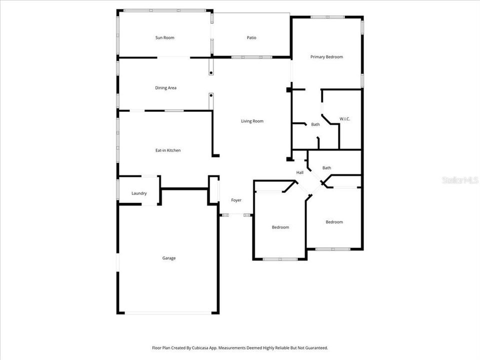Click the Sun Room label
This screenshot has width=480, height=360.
coord(164,37)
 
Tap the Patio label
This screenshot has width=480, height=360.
coord(251,37)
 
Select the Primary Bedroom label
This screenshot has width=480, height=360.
coord(326,57)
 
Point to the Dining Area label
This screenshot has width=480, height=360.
coord(165,88)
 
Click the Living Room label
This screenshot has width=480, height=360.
coord(252,121)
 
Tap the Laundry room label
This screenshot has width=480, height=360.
coord(139,193)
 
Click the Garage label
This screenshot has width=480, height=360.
coord(168,258)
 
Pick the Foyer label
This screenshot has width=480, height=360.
coord(236,200)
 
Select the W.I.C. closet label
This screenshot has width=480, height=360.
coord(345,118)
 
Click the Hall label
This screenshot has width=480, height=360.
coord(300,172)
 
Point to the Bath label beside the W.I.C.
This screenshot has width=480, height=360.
coord(315,124)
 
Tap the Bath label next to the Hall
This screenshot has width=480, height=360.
coord(326,168)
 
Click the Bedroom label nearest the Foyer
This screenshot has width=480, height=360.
coord(280,227)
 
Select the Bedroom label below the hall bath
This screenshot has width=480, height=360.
coord(334,222)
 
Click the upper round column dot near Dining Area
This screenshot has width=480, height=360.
coord(211,73)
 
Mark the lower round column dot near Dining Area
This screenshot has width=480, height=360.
coord(211,95)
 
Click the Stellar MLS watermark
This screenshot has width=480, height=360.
coord(460,180)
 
